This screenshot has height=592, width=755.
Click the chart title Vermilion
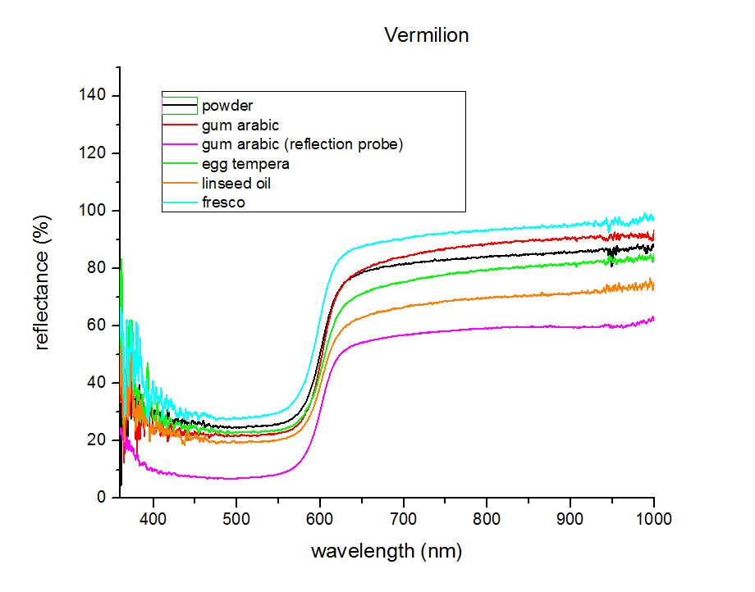tap(427, 35)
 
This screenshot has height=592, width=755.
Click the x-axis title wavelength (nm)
tap(385, 551)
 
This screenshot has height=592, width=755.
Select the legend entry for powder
tap(227, 106)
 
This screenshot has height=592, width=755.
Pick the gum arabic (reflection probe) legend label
tap(302, 144)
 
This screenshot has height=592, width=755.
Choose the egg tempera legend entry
tap(245, 164)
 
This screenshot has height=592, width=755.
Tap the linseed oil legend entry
tap(236, 183)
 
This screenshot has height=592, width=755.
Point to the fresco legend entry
tap(223, 203)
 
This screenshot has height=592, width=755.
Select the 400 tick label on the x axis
tap(153, 518)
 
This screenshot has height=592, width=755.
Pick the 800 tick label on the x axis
tap(487, 518)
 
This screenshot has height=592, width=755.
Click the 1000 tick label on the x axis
tap(653, 518)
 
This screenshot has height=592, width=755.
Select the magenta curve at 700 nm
tap(403, 334)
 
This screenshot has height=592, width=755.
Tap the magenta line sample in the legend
tap(181, 144)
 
